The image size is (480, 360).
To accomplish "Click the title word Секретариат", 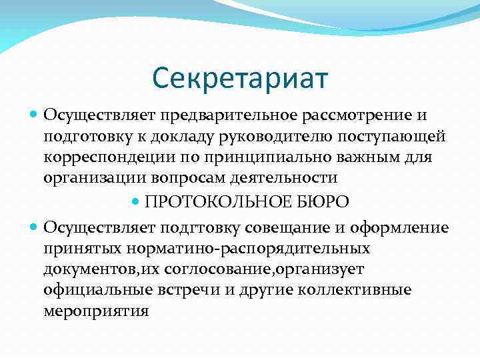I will pyautogui.click(x=240, y=78).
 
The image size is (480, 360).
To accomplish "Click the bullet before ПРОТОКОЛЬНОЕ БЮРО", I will pyautogui.click(x=137, y=201).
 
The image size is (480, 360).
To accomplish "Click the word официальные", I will pyautogui.click(x=94, y=290).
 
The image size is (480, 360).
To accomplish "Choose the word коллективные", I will pyautogui.click(x=361, y=290).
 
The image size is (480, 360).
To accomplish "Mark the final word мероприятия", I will pyautogui.click(x=96, y=311).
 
